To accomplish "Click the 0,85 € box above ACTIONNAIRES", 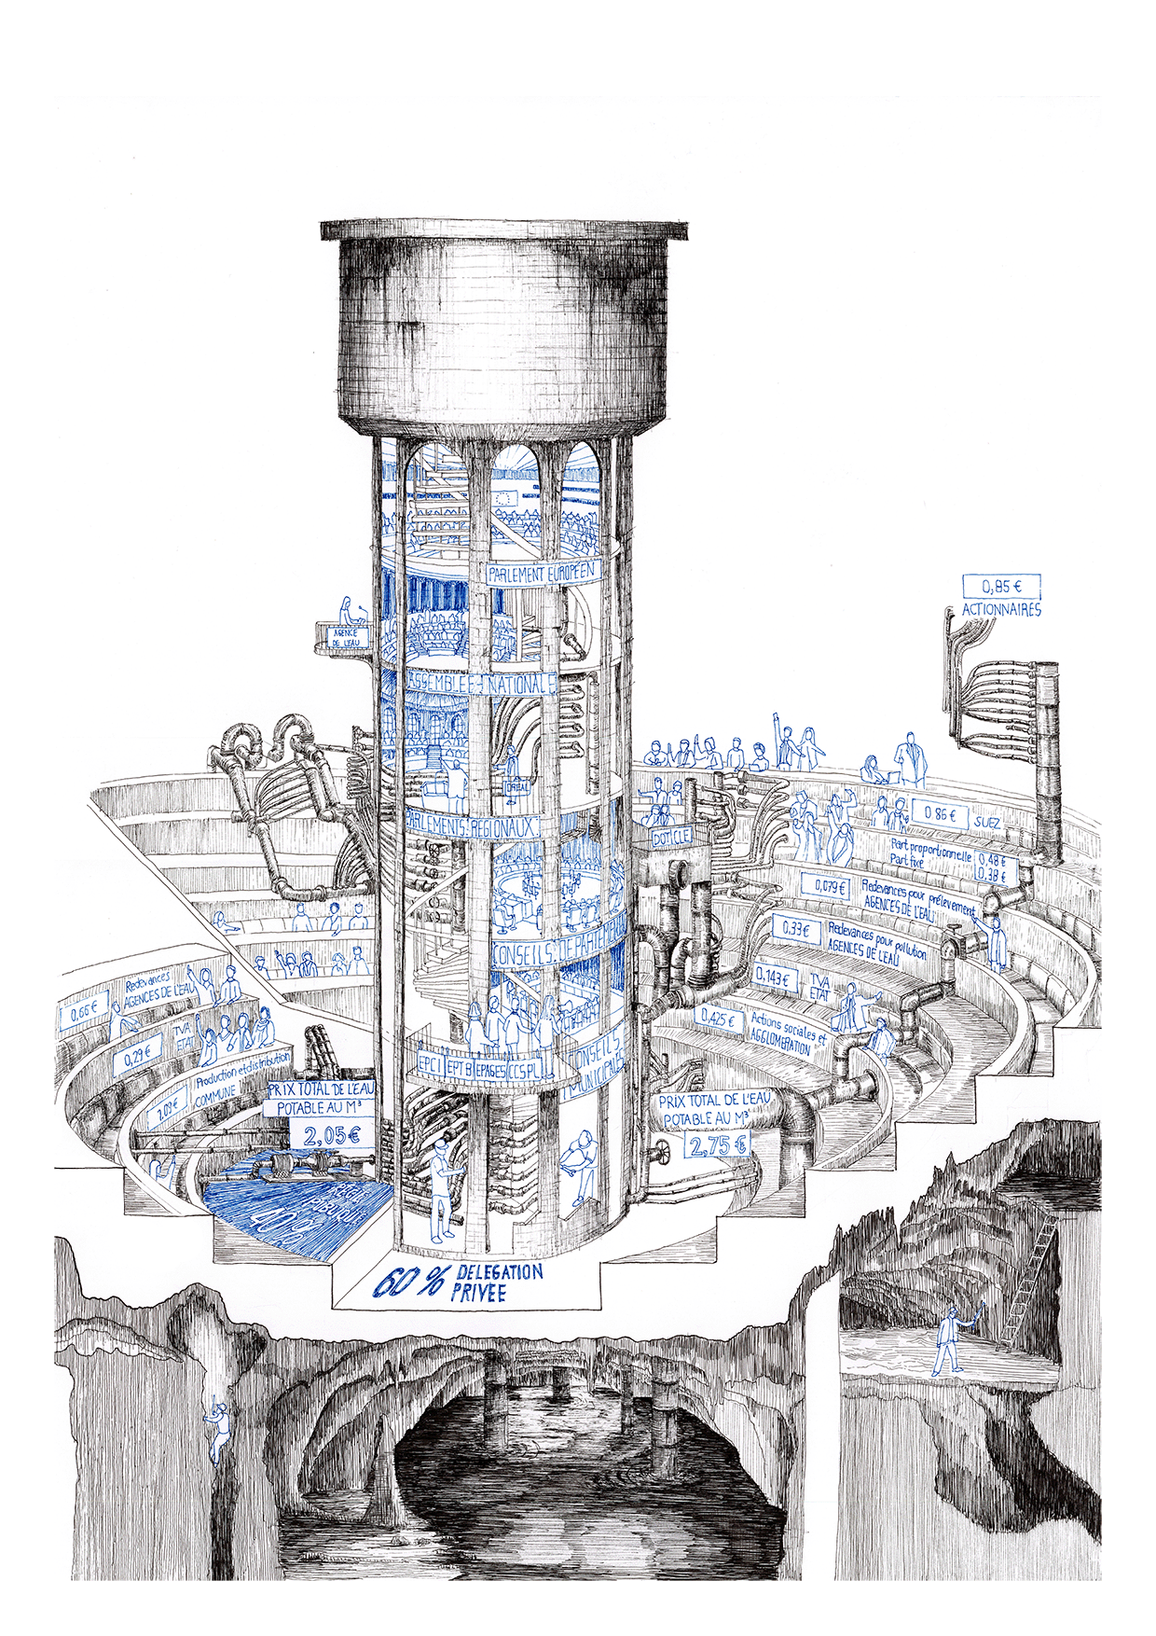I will (1001, 587).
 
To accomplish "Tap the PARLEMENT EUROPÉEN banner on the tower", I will (541, 573).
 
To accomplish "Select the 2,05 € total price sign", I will (331, 1135).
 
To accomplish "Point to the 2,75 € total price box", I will (718, 1144).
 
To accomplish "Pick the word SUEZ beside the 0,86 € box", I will (986, 823).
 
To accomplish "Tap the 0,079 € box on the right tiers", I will (831, 886).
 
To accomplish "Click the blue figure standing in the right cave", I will (950, 1340).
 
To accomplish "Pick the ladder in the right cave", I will (1033, 1278).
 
